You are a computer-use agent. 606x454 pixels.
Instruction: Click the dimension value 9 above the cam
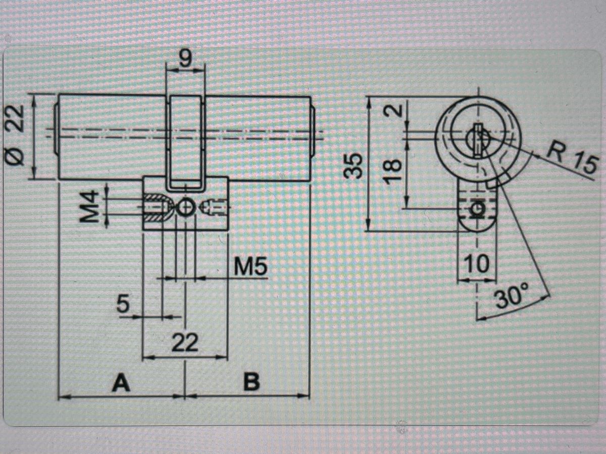coord(185,58)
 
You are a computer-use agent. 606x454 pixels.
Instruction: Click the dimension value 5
coord(123,304)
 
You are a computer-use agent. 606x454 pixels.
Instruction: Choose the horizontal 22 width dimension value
coord(185,343)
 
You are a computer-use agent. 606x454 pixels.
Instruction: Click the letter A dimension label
coord(121,382)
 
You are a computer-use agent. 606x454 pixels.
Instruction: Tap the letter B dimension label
coord(251,382)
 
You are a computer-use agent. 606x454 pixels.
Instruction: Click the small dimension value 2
coord(393,110)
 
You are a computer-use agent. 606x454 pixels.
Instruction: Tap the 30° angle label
coord(511,296)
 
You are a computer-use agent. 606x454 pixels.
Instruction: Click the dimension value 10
coord(476,263)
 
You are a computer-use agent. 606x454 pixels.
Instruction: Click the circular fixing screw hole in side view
coord(185,207)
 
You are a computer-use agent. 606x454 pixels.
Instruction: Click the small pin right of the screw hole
coord(215,207)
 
